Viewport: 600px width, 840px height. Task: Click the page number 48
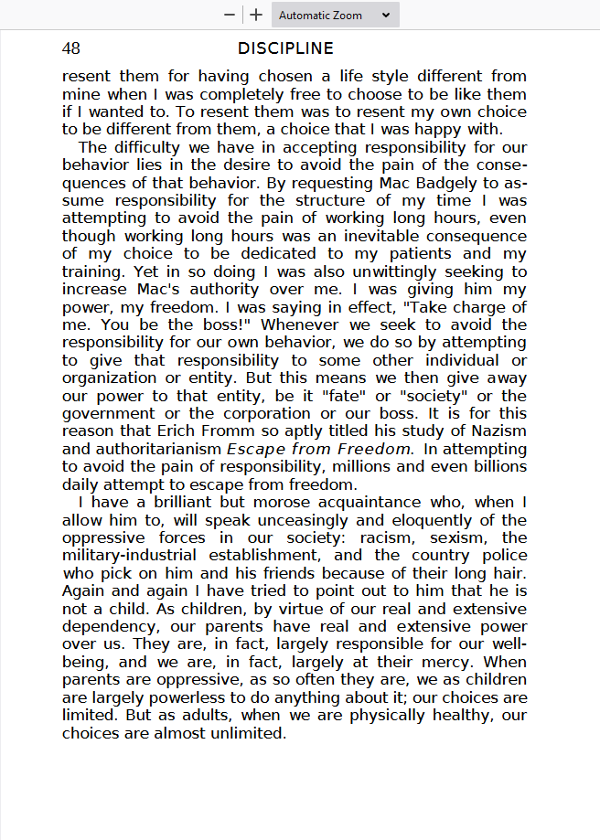tap(71, 48)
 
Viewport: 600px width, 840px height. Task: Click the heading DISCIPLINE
tap(285, 48)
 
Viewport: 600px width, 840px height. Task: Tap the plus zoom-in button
tap(256, 15)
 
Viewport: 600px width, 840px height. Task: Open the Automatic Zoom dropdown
tap(334, 15)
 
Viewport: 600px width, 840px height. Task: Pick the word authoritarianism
tap(142, 450)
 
